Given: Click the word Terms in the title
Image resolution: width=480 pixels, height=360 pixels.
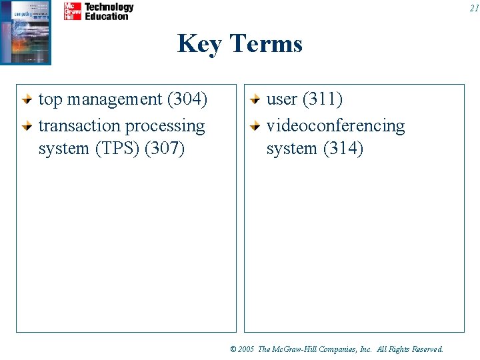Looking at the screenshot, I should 266,44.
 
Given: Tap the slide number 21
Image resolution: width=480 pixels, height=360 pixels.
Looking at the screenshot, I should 473,9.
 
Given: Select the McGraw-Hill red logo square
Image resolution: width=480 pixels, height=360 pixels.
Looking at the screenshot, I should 73,11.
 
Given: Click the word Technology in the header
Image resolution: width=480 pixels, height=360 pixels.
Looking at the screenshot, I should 109,7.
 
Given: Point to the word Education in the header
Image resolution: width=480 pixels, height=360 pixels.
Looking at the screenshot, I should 106,16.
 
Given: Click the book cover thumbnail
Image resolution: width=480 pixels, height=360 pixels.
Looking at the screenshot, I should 26,31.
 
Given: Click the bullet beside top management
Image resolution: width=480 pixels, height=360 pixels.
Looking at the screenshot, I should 27,100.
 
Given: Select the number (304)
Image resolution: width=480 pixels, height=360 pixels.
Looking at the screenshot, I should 187,99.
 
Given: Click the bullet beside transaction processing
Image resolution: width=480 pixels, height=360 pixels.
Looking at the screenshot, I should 27,126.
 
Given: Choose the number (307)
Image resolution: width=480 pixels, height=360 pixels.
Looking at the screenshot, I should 164,149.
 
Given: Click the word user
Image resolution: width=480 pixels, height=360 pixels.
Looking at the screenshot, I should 282,99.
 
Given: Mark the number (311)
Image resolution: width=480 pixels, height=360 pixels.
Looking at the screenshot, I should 323,99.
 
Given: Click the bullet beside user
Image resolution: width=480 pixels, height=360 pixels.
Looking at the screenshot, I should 255,100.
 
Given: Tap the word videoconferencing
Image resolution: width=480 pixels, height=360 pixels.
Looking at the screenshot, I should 335,126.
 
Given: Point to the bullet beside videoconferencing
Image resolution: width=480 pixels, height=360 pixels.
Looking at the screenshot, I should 255,126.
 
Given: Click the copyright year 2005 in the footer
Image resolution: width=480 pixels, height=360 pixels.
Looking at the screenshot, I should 246,349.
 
